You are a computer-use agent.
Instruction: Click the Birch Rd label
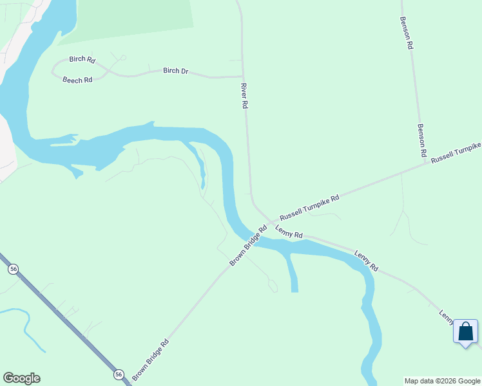click(x=82, y=60)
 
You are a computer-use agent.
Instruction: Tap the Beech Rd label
click(x=77, y=80)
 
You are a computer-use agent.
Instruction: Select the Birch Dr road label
click(x=175, y=71)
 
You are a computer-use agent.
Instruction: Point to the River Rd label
click(x=244, y=95)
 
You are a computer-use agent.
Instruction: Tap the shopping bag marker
click(x=465, y=333)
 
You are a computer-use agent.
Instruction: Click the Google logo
click(x=21, y=378)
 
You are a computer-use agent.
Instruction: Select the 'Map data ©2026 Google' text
click(x=443, y=381)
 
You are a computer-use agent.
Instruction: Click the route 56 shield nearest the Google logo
click(x=118, y=374)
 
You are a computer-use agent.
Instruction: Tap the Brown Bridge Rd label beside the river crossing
click(x=248, y=246)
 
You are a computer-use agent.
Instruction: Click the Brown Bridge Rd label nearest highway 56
click(x=150, y=359)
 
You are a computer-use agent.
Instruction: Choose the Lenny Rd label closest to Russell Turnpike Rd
click(x=289, y=232)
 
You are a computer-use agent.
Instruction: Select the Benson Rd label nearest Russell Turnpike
click(x=422, y=141)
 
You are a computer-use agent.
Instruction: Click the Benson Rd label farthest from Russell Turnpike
click(x=407, y=33)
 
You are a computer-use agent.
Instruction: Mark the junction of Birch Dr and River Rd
click(x=243, y=76)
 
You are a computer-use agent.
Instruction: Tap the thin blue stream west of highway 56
click(x=26, y=325)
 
